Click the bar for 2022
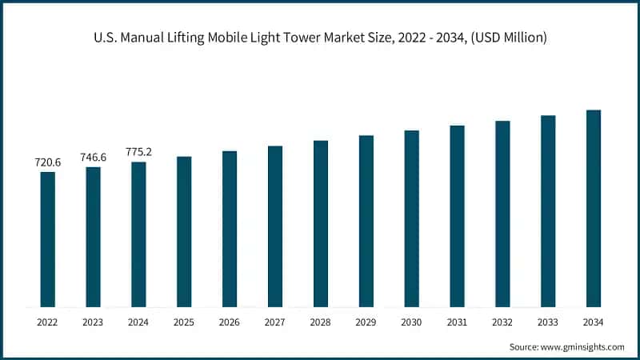pos(47,239)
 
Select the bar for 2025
pos(184,231)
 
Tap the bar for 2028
pos(321,223)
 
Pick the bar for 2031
pos(457,216)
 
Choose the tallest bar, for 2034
pos(594,208)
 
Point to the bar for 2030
pos(411,218)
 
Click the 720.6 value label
pos(47,162)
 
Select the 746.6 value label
pos(93,157)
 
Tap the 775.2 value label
pos(138,152)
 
